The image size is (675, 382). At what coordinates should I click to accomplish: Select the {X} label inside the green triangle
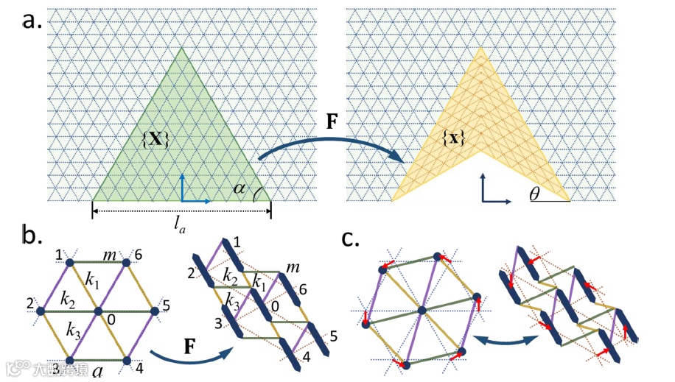click(x=157, y=137)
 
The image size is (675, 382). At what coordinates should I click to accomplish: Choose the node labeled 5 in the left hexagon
click(x=155, y=311)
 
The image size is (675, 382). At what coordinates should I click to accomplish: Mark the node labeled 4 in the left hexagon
click(x=127, y=360)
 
